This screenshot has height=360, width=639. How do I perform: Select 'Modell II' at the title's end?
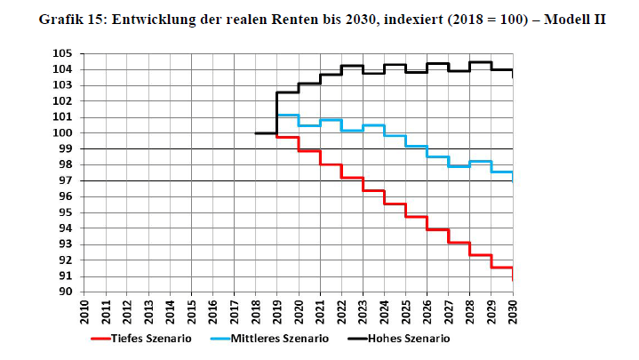[575, 20]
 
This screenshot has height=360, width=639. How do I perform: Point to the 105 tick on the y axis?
[62, 53]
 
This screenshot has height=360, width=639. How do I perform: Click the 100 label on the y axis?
[62, 133]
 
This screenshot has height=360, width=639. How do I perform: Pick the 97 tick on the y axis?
[65, 180]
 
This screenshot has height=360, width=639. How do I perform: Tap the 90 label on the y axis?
[65, 292]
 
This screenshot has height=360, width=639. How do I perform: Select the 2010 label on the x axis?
[84, 312]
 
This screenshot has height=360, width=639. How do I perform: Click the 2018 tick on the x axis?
[256, 312]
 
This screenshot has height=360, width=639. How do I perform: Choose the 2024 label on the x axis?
[385, 312]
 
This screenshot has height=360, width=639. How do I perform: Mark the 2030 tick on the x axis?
[513, 312]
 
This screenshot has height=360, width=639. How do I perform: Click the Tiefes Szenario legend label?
[151, 339]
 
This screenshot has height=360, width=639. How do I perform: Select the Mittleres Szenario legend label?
[280, 339]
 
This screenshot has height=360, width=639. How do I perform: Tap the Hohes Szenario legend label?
[409, 339]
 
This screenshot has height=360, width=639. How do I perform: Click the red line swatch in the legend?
[100, 339]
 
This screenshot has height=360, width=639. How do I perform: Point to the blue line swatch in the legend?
[220, 339]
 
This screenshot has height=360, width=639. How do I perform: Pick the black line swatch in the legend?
[357, 339]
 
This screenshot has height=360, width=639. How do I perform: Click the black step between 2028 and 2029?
[481, 62]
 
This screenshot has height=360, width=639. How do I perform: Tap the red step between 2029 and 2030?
[502, 268]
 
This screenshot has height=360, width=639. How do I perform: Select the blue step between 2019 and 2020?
[288, 115]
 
